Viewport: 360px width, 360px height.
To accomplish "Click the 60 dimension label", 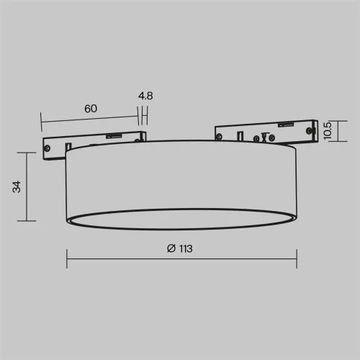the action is click(91, 109).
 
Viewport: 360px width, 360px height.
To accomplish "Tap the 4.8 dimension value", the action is click(145, 96).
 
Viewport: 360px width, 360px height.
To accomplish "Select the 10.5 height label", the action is click(328, 131).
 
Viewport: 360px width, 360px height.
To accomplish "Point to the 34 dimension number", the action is click(17, 186).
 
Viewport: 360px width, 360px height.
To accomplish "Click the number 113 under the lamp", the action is click(186, 248).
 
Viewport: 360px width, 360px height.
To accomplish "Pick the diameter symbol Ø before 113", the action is click(171, 248).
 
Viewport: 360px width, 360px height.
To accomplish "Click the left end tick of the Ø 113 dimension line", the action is click(67, 258).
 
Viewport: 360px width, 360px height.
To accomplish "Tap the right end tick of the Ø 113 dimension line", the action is click(297, 258).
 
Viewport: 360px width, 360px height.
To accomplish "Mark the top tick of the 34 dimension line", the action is click(27, 153).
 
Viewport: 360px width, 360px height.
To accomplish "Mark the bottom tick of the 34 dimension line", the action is click(27, 221).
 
